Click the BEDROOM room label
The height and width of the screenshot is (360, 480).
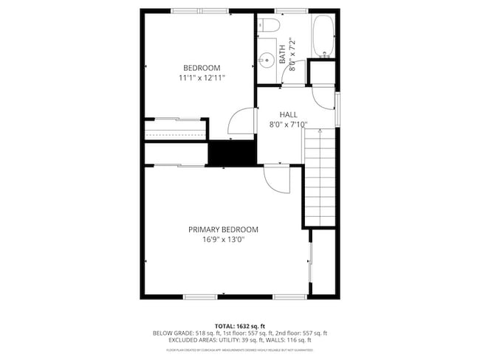point(202,68)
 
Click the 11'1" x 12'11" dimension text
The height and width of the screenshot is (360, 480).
point(202,77)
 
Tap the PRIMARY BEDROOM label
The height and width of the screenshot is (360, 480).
point(223,229)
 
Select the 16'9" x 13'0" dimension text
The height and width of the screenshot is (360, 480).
point(223,239)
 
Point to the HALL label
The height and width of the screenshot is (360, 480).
point(288,114)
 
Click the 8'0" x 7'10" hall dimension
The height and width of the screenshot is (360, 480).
point(288,125)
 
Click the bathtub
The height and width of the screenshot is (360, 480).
point(323,38)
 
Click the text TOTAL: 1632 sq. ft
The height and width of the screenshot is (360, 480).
point(239,325)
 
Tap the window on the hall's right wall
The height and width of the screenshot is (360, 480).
point(337,109)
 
